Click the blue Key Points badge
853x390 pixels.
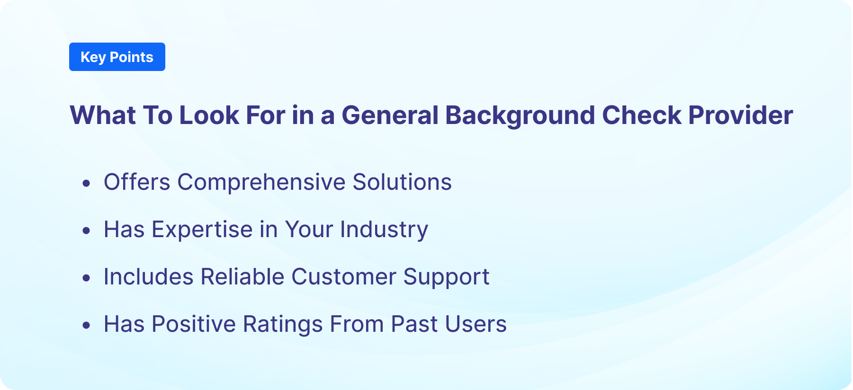[117, 57]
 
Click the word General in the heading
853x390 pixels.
[390, 115]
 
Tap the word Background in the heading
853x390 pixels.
[520, 115]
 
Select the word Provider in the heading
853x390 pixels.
[740, 115]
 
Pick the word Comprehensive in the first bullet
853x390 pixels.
[261, 182]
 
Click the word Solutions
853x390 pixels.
[402, 182]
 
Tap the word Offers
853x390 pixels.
[137, 182]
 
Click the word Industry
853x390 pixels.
[384, 230]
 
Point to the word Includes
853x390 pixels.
[148, 277]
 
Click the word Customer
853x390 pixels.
[343, 277]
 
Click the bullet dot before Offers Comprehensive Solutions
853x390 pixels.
[86, 183]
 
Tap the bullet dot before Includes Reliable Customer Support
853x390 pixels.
[86, 278]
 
